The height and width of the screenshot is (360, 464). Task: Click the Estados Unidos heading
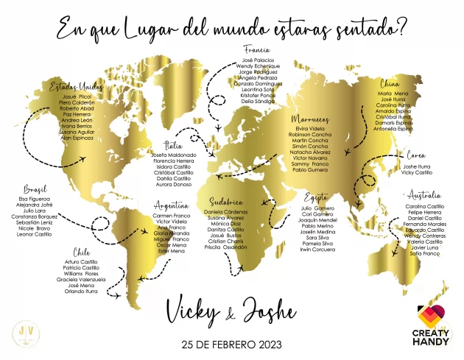tap(77, 87)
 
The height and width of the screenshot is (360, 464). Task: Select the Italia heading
tap(174, 146)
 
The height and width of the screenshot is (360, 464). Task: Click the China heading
tap(390, 83)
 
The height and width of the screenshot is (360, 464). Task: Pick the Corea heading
tap(417, 156)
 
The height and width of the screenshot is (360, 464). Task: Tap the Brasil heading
tap(35, 188)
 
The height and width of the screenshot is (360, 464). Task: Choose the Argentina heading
tap(171, 205)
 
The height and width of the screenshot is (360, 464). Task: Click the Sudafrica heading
tap(225, 201)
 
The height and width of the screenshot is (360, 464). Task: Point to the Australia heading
tap(424, 195)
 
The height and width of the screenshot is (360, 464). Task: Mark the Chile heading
tap(82, 252)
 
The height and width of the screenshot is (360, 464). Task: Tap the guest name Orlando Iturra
tap(81, 291)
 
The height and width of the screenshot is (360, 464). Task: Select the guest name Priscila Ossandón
tap(225, 247)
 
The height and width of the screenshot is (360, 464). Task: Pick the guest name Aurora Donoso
tap(174, 185)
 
